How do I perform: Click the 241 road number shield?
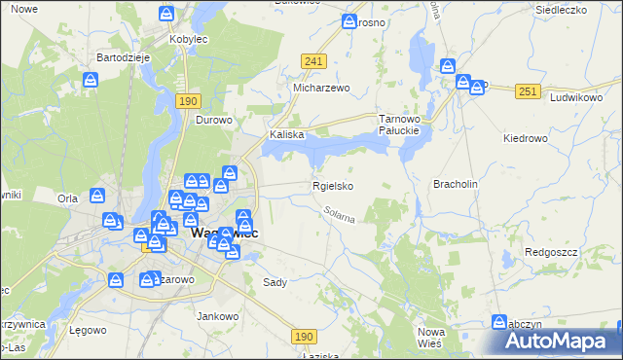(312, 61)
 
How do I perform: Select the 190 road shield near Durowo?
(189, 100)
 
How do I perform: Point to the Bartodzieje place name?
(122, 57)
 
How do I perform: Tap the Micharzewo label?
(321, 87)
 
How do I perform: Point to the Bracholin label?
(455, 183)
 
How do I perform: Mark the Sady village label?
(275, 282)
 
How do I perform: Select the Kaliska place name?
(288, 135)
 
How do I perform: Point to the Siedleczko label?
(560, 10)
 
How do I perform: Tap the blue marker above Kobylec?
(166, 15)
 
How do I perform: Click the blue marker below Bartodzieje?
(92, 81)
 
